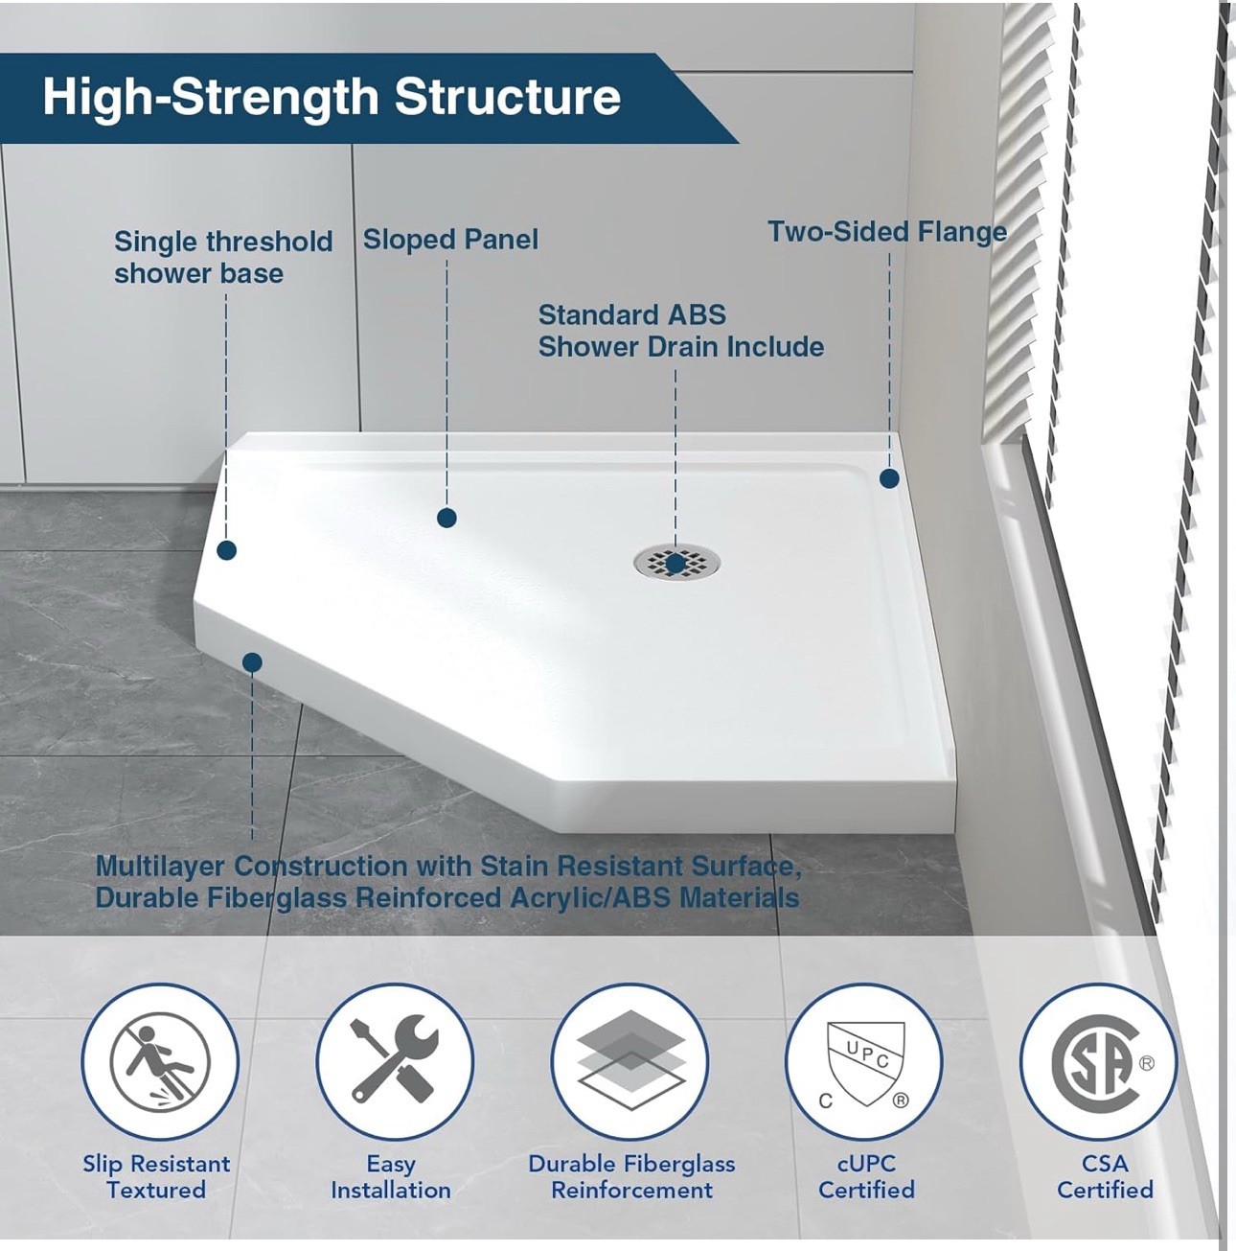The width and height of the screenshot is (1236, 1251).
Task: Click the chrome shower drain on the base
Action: [677, 561]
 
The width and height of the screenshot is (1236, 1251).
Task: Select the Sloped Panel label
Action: [450, 240]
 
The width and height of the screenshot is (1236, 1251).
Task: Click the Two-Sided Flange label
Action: [887, 232]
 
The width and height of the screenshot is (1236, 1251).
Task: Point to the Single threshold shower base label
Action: [223, 257]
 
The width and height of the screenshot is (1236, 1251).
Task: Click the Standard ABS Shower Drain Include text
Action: [681, 331]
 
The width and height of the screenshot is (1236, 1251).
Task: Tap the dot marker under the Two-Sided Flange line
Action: [889, 478]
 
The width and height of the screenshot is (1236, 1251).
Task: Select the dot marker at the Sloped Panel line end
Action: [446, 518]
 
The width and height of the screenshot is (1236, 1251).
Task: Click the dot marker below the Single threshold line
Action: [226, 550]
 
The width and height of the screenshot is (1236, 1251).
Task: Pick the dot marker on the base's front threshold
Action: [252, 662]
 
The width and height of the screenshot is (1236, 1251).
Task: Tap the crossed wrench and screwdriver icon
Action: [395, 1061]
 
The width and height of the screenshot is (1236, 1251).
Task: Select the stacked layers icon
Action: [629, 1059]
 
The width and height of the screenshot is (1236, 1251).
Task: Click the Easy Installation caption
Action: [391, 1177]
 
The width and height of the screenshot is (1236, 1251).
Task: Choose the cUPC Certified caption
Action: [866, 1176]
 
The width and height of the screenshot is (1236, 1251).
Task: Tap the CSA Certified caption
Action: [1105, 1176]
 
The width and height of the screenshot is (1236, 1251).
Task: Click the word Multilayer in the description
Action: [160, 867]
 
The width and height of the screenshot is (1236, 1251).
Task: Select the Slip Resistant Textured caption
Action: [156, 1176]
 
